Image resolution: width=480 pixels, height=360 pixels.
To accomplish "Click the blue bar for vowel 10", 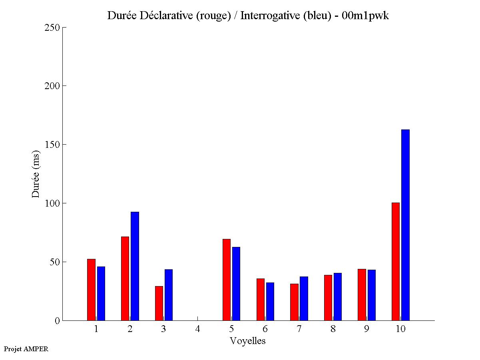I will pos(405,225).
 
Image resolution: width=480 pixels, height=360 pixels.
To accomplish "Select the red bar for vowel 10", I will pos(395,262).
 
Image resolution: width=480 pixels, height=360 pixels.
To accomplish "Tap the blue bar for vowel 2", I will pos(135,266).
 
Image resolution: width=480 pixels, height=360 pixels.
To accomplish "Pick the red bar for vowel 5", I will pos(226,280).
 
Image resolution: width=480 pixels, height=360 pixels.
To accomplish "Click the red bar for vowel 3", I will pos(159,303).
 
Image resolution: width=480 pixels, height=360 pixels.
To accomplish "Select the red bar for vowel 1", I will pos(91,290).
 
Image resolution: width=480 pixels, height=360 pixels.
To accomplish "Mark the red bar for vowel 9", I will pos(362,295).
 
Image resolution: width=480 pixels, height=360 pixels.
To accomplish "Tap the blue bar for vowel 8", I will pos(338,297).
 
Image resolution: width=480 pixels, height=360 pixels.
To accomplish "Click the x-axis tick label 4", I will pos(197,329).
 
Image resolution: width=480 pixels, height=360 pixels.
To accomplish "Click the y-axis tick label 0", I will pos(57,321).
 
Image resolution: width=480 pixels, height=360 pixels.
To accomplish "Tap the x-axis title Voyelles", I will pos(248,341).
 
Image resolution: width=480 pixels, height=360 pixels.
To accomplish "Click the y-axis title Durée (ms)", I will pos(36,174).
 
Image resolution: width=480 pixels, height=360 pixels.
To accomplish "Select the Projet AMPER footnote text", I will pos(26,349).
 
